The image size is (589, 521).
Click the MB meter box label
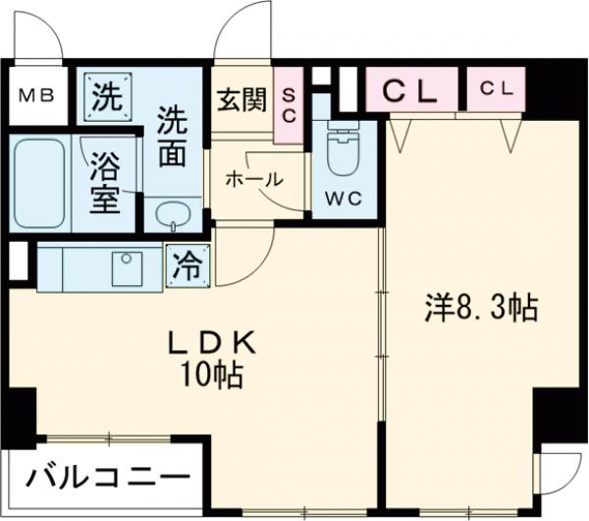coord(38,96)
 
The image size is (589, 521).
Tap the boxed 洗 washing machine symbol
coord(105,97)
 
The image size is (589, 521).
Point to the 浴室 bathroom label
coord(105,182)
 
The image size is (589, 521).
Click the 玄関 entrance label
coord(241,101)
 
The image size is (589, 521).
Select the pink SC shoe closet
coord(290,105)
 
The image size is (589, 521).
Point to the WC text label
coord(343,197)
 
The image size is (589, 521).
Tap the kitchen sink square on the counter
coord(127,266)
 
